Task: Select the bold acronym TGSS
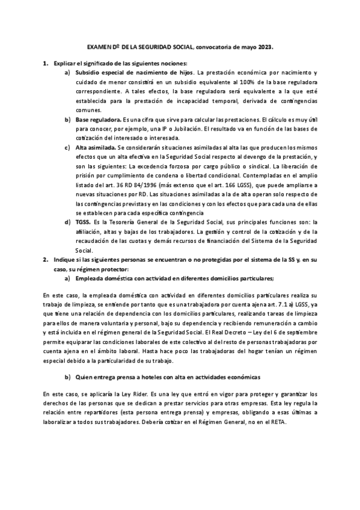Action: [85, 223]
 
